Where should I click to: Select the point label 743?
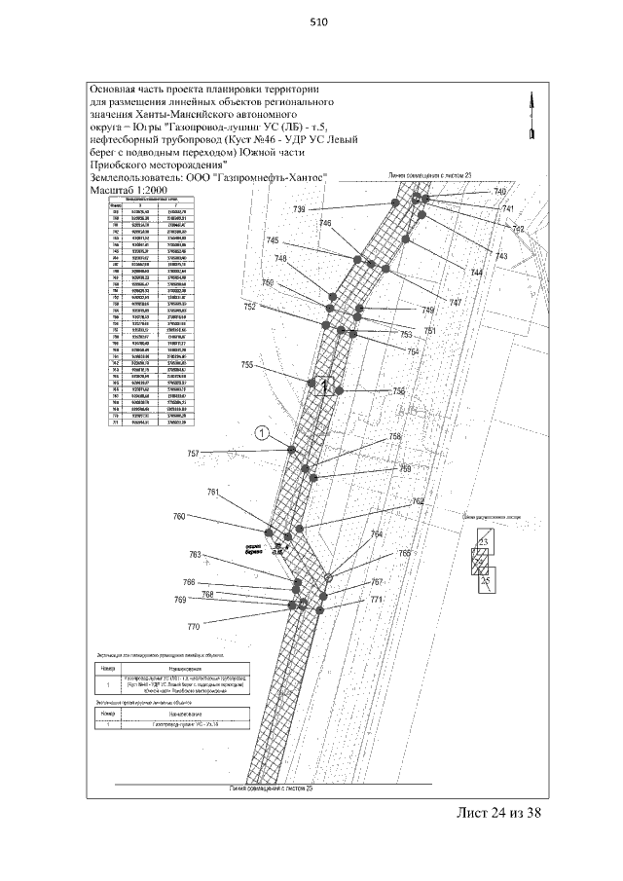[501, 256]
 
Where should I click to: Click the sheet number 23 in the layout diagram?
[482, 541]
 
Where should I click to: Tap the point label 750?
[268, 282]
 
